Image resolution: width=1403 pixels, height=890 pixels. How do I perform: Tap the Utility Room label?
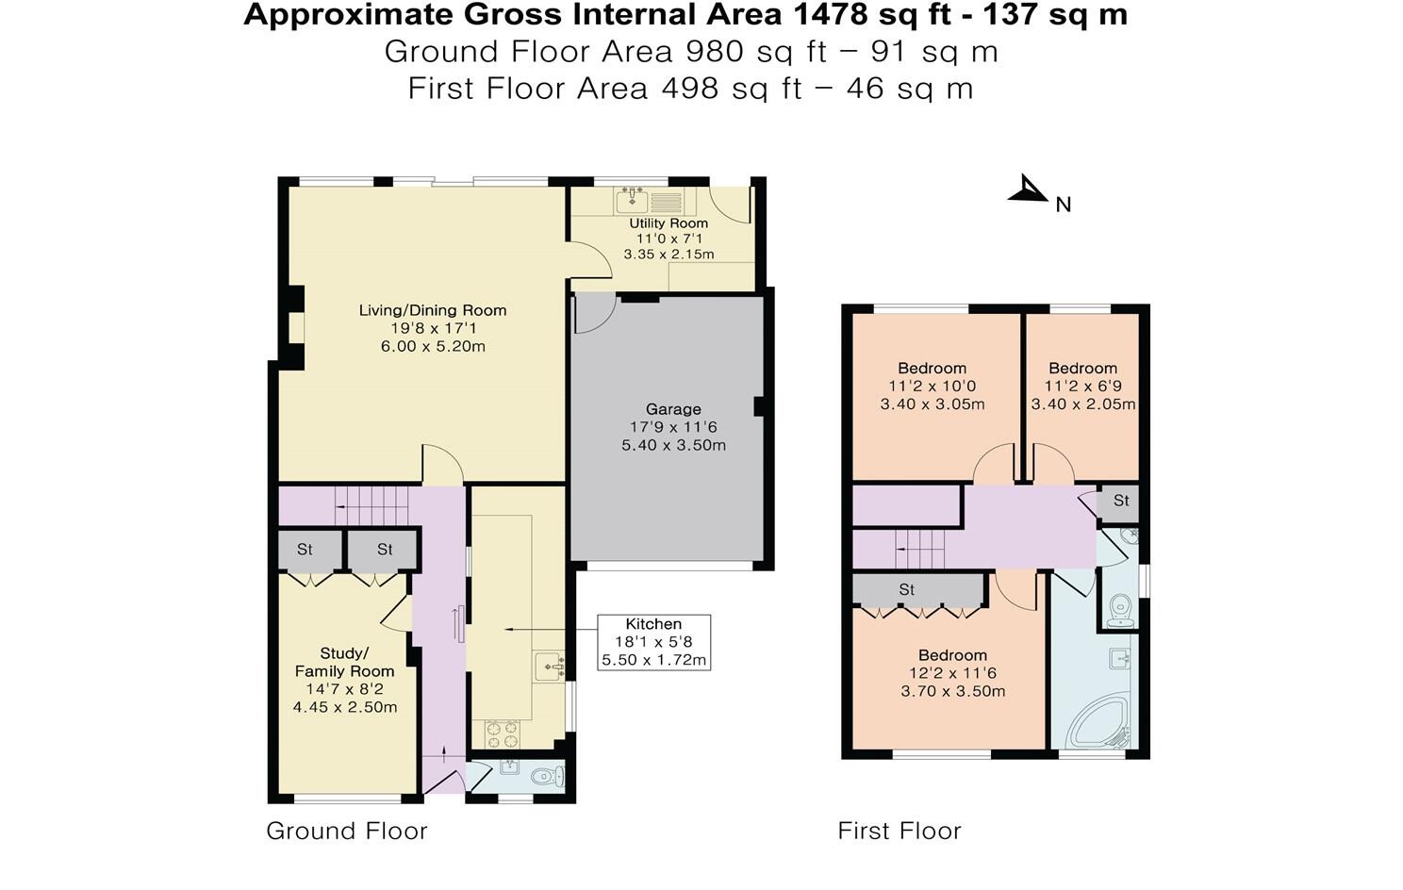(668, 223)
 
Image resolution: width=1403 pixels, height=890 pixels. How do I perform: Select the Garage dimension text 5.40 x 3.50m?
(673, 445)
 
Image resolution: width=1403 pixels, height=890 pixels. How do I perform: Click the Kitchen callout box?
(653, 642)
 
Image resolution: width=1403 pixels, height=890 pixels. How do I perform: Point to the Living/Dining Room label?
(433, 310)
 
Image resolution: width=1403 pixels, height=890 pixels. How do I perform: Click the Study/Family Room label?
(344, 662)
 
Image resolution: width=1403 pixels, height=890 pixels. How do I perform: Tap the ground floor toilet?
(546, 777)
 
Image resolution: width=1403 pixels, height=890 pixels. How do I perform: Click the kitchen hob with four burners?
(501, 733)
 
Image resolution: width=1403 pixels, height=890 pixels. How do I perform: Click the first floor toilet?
(1120, 608)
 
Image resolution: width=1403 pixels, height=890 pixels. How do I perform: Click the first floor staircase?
(919, 548)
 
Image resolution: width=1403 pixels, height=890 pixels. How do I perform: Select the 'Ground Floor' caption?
(347, 831)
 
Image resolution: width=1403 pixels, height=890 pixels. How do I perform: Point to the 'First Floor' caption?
(900, 831)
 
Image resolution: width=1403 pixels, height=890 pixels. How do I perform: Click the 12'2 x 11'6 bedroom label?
(952, 673)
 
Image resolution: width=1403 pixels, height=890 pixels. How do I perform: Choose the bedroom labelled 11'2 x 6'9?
(1082, 386)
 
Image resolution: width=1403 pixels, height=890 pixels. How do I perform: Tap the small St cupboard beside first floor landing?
(1120, 502)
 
